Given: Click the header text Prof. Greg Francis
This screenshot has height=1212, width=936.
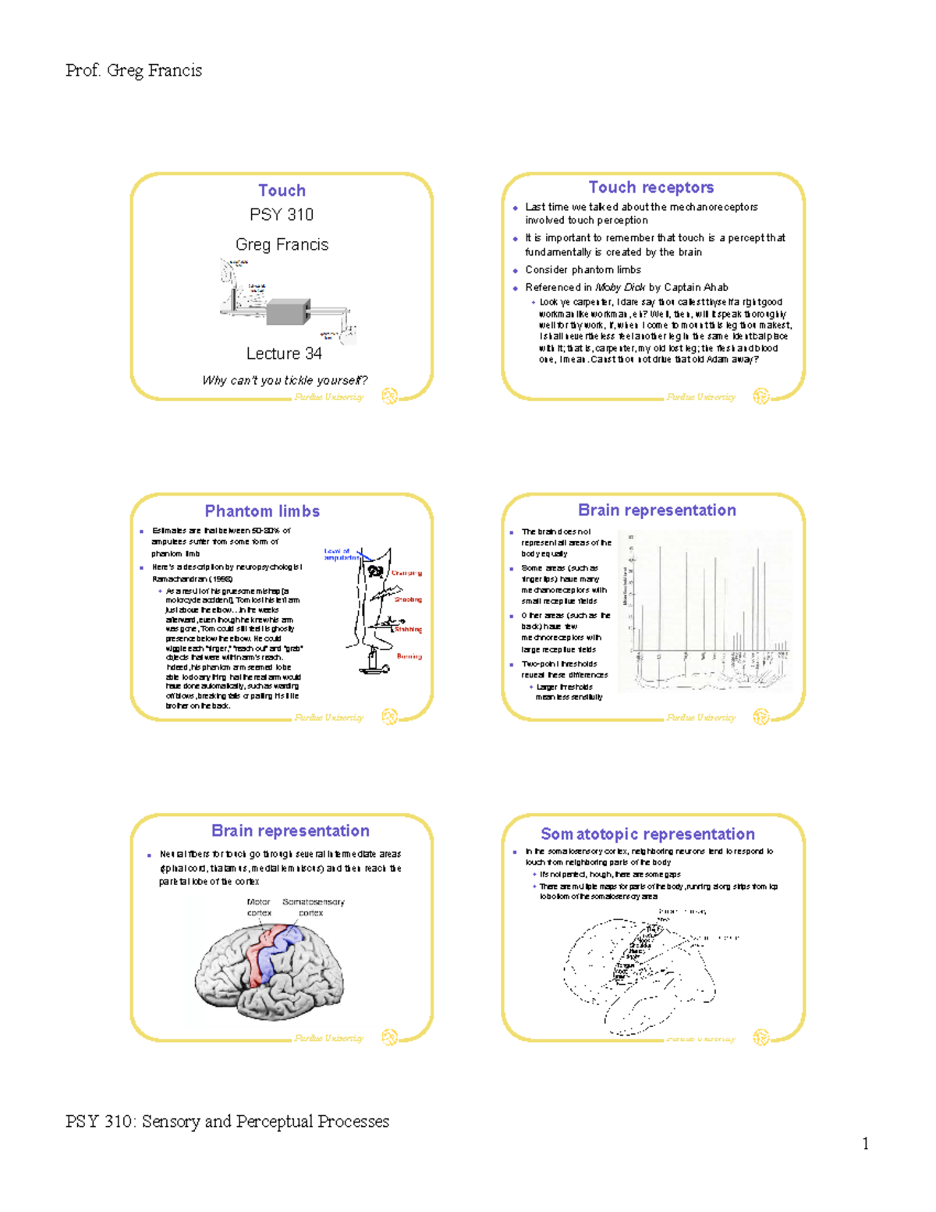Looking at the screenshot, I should tap(133, 71).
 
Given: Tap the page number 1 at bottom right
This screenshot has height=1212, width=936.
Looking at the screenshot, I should tap(865, 1144).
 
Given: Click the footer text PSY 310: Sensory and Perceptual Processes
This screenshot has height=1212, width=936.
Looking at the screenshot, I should tap(227, 1121).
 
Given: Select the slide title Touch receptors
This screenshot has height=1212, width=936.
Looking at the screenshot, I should tap(651, 187).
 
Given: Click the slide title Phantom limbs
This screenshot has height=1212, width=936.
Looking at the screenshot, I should tap(262, 511).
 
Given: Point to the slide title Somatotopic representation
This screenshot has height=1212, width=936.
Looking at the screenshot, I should tap(647, 834).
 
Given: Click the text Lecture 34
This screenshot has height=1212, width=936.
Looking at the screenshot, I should tap(284, 354).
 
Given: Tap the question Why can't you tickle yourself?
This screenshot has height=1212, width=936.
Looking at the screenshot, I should tap(285, 381).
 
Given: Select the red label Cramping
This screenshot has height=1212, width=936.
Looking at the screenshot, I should tap(406, 573).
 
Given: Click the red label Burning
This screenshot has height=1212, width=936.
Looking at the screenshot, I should tap(409, 656).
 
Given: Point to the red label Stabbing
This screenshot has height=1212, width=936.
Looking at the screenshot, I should tap(408, 629).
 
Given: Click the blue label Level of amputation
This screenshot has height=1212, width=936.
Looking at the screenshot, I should tap(341, 554).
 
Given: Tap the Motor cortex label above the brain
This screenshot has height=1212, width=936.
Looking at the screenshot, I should tap(259, 907).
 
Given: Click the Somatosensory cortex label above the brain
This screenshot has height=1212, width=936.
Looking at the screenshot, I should tap(313, 907).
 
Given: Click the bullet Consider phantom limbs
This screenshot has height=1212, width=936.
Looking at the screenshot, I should tap(583, 270).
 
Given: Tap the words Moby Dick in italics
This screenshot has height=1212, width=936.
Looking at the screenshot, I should tap(620, 287).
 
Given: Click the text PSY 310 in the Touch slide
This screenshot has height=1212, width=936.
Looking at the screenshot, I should tap(282, 215).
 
